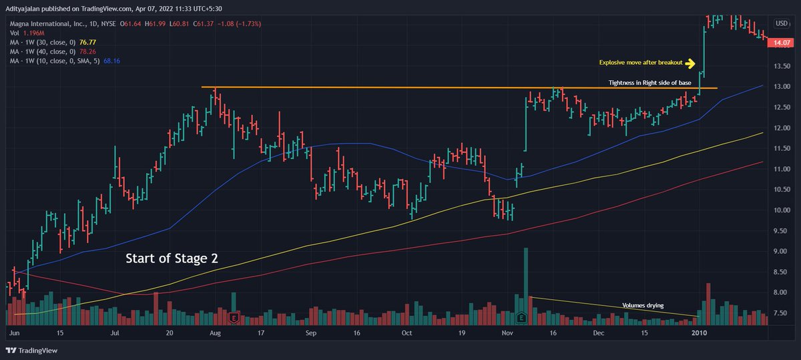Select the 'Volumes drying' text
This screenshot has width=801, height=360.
[x=643, y=305]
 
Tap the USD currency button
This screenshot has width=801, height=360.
[x=781, y=24]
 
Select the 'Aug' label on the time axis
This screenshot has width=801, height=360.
[x=215, y=332]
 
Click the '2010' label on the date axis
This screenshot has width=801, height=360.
[x=699, y=332]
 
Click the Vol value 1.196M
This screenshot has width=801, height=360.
[x=34, y=31]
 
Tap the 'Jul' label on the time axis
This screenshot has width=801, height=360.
[x=115, y=332]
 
